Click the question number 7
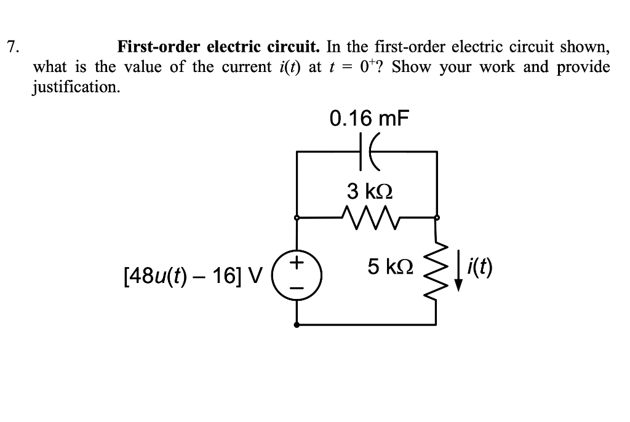(10, 47)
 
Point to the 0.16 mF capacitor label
(369, 117)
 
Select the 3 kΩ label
(369, 192)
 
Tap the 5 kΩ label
(391, 266)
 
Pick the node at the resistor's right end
(437, 217)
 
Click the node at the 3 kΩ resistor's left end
(297, 217)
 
